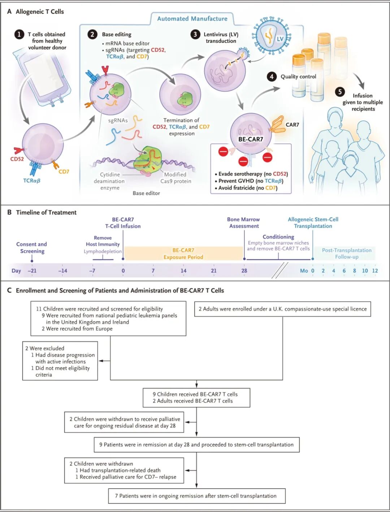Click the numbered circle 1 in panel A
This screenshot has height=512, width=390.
pos(19,34)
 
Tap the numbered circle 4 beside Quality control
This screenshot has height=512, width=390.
pos(272,77)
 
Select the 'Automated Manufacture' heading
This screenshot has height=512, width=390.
pos(192,19)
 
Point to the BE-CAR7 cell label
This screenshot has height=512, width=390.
pos(251,139)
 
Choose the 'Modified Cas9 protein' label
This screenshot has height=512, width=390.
pos(176,178)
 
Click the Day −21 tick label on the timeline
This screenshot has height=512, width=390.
pos(32,271)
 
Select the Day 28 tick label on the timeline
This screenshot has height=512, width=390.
pos(244,271)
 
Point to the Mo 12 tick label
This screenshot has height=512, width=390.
pos(375,271)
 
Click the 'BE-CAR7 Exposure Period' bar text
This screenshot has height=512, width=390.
pos(183,253)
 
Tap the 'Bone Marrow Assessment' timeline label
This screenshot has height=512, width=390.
pos(244,223)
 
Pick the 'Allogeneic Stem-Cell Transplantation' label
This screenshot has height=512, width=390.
pos(313,223)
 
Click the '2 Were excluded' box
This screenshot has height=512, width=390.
pos(60,361)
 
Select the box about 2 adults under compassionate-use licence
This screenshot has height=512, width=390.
pos(282,309)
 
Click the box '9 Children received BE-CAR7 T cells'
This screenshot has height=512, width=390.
pos(196,398)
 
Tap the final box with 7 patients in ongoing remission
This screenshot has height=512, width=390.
pos(196,496)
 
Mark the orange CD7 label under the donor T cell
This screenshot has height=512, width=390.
pos(64,172)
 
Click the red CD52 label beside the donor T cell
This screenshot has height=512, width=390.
pos(17,159)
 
